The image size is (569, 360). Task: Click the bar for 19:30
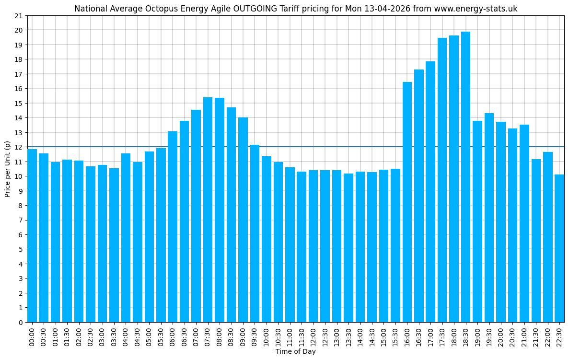(x=489, y=218)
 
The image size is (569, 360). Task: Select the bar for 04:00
(x=126, y=238)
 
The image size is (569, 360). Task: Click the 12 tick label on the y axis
(x=19, y=147)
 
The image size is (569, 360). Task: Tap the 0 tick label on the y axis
(x=21, y=322)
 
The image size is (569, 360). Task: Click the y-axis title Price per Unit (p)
(x=7, y=169)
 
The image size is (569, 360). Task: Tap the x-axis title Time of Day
(x=295, y=352)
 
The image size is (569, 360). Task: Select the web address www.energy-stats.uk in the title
(x=476, y=9)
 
